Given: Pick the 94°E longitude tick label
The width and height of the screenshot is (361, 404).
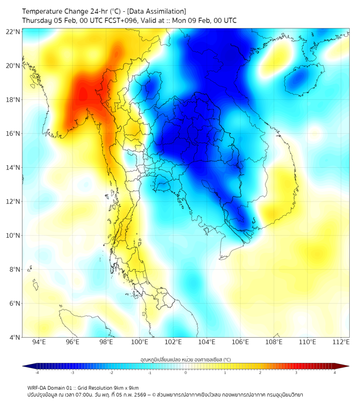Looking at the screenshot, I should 39,342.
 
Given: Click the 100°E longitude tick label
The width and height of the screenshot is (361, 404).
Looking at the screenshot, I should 139,342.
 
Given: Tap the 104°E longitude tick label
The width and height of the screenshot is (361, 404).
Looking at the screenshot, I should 207,342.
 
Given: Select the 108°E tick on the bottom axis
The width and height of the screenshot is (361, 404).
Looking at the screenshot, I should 274,342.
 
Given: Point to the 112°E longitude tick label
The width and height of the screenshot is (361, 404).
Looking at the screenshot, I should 341,342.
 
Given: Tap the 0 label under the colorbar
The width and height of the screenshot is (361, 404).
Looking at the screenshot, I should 186,372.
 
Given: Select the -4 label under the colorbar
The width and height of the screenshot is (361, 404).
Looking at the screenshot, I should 36,372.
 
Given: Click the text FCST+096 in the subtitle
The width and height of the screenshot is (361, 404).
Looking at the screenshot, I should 111,21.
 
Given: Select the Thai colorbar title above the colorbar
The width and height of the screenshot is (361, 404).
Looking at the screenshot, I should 185,360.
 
